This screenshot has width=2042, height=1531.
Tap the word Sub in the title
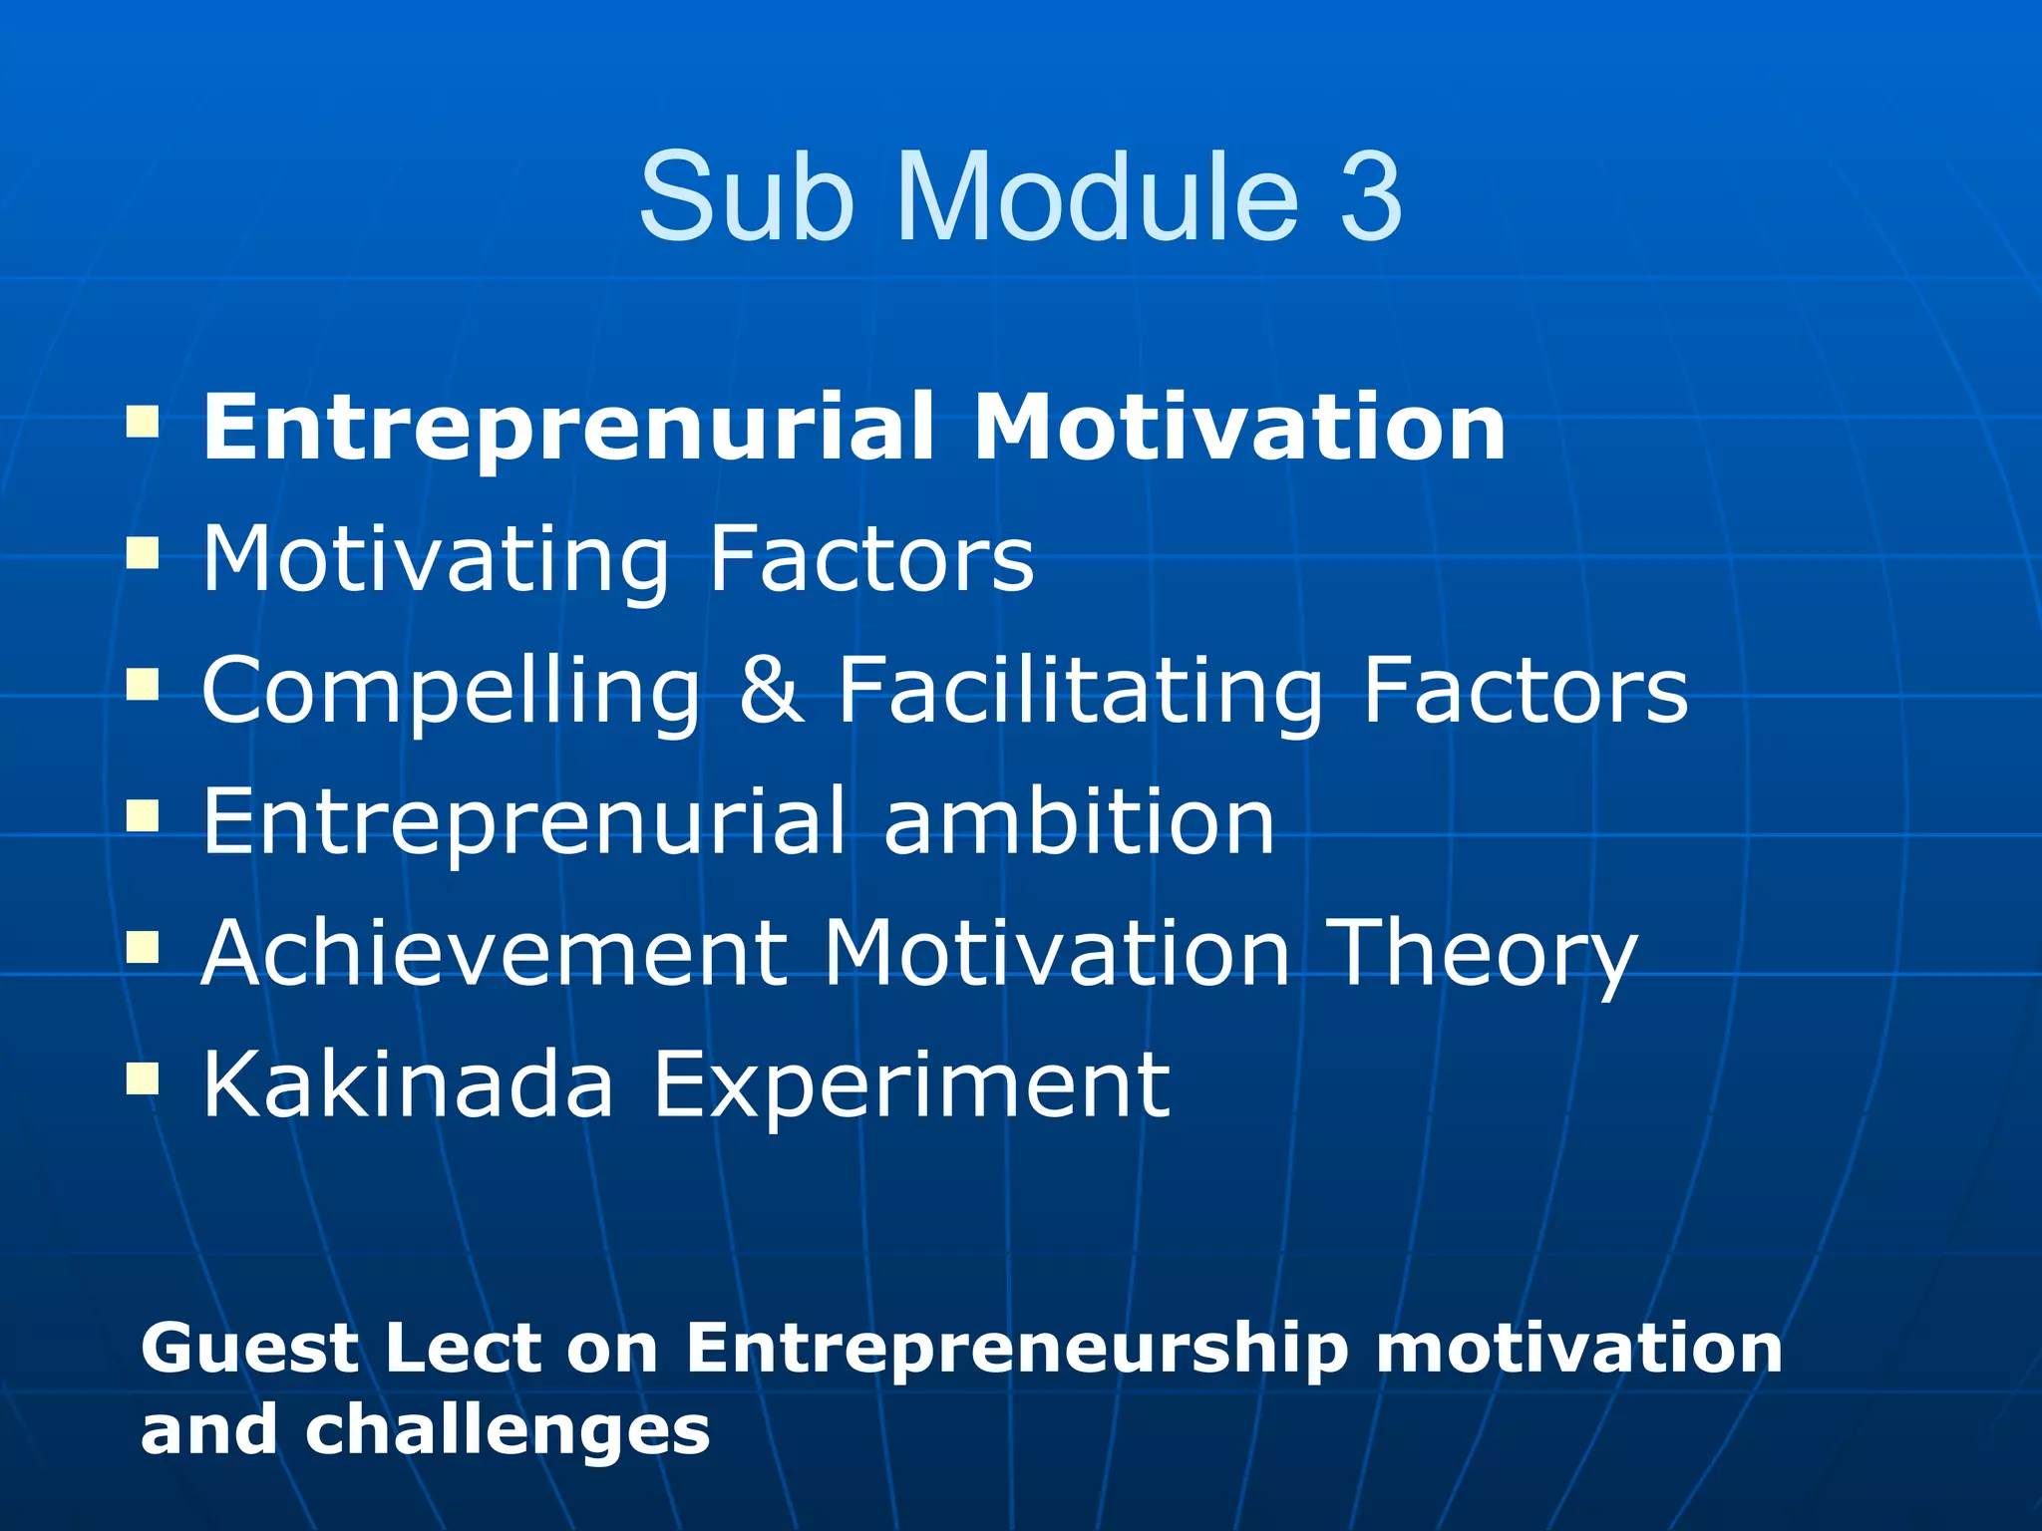pos(747,196)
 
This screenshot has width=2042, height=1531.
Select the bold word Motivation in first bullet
pos(1238,428)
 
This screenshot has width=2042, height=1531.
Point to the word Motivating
pos(436,560)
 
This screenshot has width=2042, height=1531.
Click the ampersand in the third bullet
pos(771,690)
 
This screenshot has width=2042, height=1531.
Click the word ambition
pos(1079,821)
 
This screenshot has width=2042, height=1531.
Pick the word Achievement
pos(495,955)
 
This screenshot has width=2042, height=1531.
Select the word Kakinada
pos(408,1084)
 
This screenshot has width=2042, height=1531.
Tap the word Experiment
pos(910,1086)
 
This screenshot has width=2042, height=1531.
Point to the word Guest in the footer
pos(250,1349)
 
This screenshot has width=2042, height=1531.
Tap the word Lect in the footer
pos(463,1349)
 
